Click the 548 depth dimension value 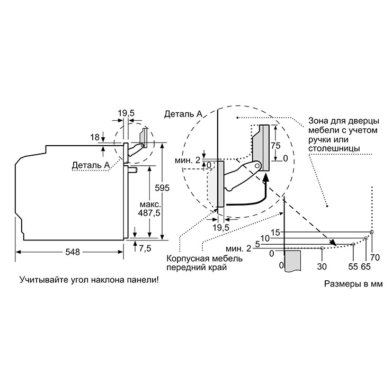click(x=73, y=252)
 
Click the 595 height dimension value click(x=162, y=188)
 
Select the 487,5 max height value click(x=149, y=213)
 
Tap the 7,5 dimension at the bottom click(x=145, y=248)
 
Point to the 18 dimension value click(x=95, y=137)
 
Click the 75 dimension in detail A click(x=275, y=146)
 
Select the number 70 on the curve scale click(x=375, y=257)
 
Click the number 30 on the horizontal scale click(x=322, y=267)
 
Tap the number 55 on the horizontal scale click(x=353, y=267)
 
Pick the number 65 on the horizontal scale click(x=366, y=267)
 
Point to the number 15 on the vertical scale click(x=275, y=233)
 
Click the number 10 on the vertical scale click(x=265, y=238)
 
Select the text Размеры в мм click(x=353, y=284)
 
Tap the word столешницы click(x=334, y=148)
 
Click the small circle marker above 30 click(x=322, y=248)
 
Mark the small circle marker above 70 click(x=372, y=232)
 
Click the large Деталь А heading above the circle click(x=183, y=114)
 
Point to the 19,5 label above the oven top click(x=126, y=113)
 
